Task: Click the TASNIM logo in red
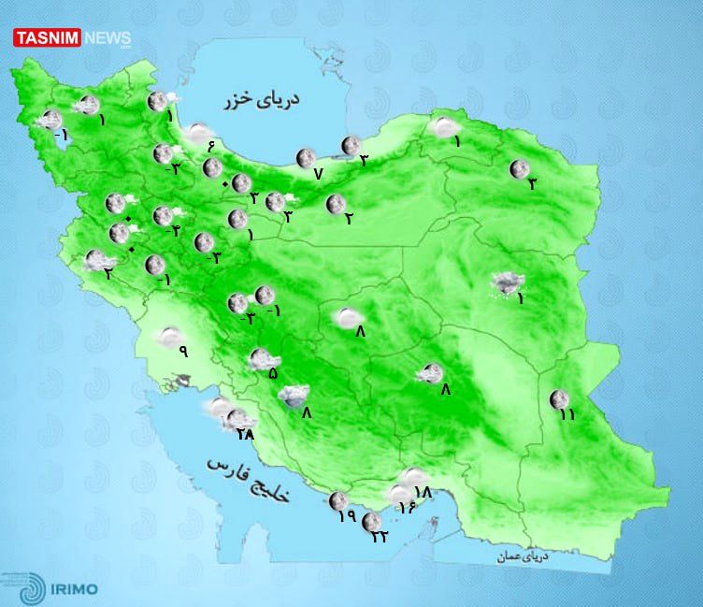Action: [x=47, y=38]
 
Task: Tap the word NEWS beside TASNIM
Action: [x=108, y=38]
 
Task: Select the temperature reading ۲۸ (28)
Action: [x=246, y=434]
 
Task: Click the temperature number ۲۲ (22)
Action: [x=380, y=536]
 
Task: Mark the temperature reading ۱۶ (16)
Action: [x=407, y=507]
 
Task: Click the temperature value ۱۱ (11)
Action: [x=563, y=414]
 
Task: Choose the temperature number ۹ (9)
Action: [x=183, y=352]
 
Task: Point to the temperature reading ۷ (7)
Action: [x=317, y=174]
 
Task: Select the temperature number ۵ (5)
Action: [x=272, y=373]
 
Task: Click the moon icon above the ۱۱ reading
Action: [x=559, y=397]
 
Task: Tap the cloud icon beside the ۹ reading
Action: [x=169, y=335]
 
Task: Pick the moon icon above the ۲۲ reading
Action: [x=371, y=520]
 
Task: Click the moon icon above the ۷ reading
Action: [x=305, y=158]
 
